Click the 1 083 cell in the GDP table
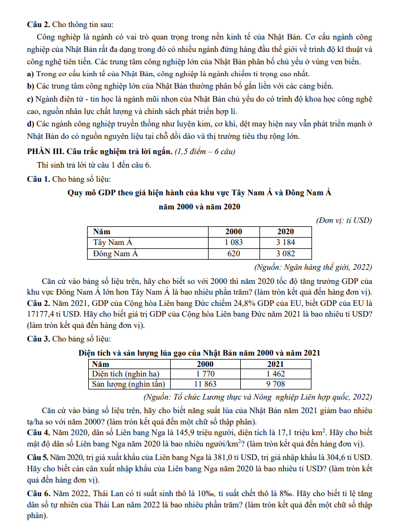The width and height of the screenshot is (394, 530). click(x=233, y=242)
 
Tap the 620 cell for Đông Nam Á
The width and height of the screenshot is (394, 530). click(x=233, y=253)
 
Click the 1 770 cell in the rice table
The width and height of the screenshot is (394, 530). click(x=205, y=374)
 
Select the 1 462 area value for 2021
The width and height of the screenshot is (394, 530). click(x=275, y=374)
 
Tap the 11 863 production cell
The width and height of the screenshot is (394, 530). click(x=205, y=384)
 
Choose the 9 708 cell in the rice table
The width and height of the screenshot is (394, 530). click(x=275, y=384)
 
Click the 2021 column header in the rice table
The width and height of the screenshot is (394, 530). click(x=275, y=363)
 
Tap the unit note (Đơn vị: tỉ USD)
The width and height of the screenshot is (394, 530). click(x=344, y=220)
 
